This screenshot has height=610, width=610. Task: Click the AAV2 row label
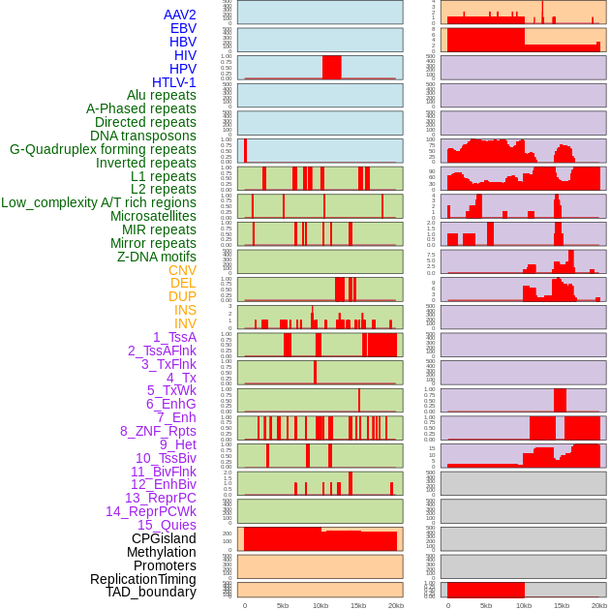[179, 15]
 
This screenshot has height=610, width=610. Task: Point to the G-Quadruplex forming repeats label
[103, 149]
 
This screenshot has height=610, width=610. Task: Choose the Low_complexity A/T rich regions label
[99, 202]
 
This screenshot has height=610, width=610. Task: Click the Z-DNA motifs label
[156, 257]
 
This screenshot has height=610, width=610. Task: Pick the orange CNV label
[182, 270]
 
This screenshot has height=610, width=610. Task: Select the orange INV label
[185, 323]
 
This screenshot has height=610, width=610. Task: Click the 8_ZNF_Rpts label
[158, 431]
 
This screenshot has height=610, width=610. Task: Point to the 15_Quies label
[167, 525]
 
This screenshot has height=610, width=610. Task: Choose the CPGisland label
[164, 538]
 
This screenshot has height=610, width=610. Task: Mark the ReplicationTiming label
[143, 579]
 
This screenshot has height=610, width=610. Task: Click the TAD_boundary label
[151, 592]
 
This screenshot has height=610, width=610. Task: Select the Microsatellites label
[153, 216]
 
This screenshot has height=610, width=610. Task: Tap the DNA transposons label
[143, 136]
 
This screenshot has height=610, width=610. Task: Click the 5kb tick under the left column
[283, 605]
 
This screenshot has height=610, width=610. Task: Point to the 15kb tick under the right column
[562, 605]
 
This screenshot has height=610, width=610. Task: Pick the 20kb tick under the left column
[396, 605]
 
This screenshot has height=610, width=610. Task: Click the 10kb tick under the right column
[524, 605]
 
